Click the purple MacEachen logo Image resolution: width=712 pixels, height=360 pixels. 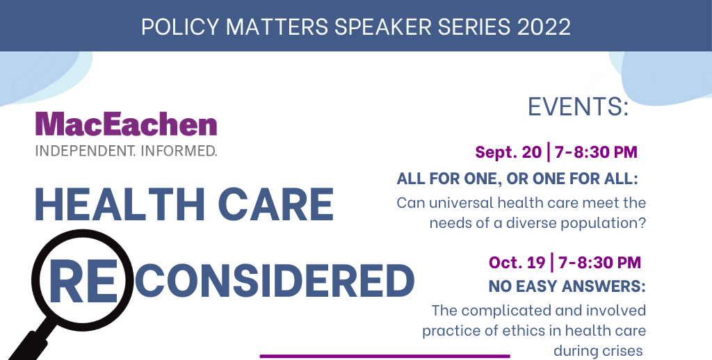126,124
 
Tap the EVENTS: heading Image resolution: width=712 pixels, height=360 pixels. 578,107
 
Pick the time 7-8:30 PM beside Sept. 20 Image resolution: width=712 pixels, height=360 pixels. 597,152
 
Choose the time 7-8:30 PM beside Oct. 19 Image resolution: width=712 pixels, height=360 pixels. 600,263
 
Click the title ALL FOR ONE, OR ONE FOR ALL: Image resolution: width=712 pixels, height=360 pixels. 517,179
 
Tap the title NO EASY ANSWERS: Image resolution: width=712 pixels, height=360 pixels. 567,286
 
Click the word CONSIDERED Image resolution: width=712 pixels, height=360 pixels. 274,280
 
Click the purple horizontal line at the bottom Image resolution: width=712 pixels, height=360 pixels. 385,356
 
